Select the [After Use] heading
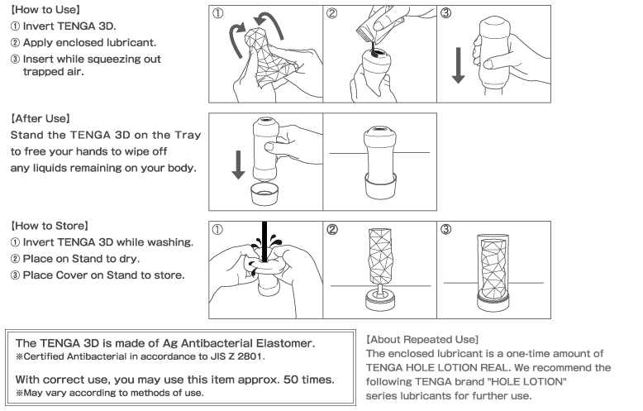pyautogui.click(x=40, y=119)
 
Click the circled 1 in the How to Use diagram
pyautogui.click(x=217, y=14)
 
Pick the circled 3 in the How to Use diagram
pyautogui.click(x=445, y=14)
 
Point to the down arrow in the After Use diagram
pyautogui.click(x=239, y=162)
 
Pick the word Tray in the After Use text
pyautogui.click(x=188, y=135)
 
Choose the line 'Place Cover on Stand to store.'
pyautogui.click(x=97, y=275)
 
